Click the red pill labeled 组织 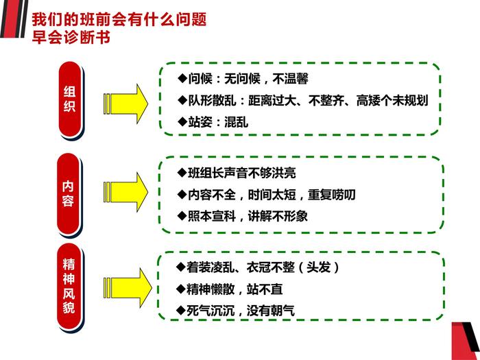(x=70, y=99)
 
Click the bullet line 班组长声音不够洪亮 (x=241, y=173)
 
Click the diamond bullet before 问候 (x=182, y=79)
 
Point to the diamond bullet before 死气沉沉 (x=180, y=310)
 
